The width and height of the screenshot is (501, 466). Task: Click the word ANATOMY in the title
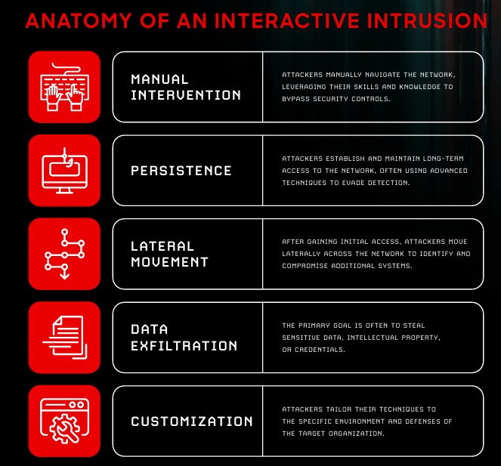coord(79,20)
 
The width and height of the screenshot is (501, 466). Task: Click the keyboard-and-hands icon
coord(64,87)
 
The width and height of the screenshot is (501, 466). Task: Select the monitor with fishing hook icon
coord(64,171)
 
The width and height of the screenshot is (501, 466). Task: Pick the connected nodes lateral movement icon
coord(64,254)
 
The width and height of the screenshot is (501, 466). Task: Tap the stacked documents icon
coord(64,338)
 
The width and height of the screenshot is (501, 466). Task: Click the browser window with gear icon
coord(64,421)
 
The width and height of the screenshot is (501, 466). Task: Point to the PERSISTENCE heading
coord(181,171)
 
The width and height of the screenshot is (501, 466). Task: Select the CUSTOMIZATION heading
coord(192,421)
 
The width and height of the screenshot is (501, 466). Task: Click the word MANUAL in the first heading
coord(159,79)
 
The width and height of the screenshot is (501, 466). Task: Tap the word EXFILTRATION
coord(184,346)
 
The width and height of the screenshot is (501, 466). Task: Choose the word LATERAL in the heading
coord(162,246)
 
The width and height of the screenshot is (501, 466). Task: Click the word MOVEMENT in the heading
coord(170,262)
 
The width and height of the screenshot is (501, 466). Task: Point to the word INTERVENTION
coord(186,95)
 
